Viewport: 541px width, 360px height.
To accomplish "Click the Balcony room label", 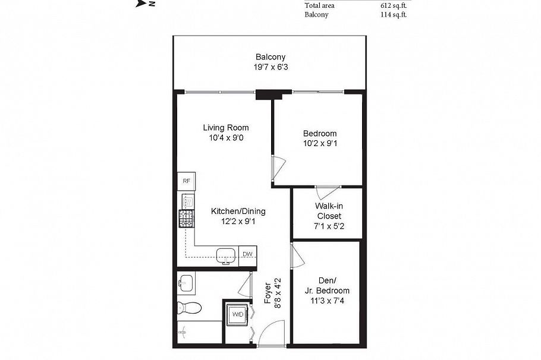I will [270, 57].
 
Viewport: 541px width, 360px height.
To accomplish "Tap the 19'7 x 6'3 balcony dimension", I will [270, 67].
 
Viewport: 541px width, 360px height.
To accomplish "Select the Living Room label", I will [226, 127].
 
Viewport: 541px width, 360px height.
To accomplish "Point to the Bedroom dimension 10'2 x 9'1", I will [320, 143].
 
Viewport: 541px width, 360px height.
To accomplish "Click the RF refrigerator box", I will [186, 181].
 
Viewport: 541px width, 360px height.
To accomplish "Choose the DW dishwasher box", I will [247, 254].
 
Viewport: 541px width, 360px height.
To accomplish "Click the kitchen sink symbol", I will [226, 255].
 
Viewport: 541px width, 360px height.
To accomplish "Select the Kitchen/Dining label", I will [238, 211].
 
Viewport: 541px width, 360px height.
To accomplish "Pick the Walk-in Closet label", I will [329, 211].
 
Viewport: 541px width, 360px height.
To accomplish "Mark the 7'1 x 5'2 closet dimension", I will [329, 226].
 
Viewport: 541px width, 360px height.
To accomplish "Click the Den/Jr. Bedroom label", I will [327, 286].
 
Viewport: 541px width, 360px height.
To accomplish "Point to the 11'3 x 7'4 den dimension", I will [327, 301].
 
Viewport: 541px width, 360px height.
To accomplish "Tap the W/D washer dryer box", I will [237, 314].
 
